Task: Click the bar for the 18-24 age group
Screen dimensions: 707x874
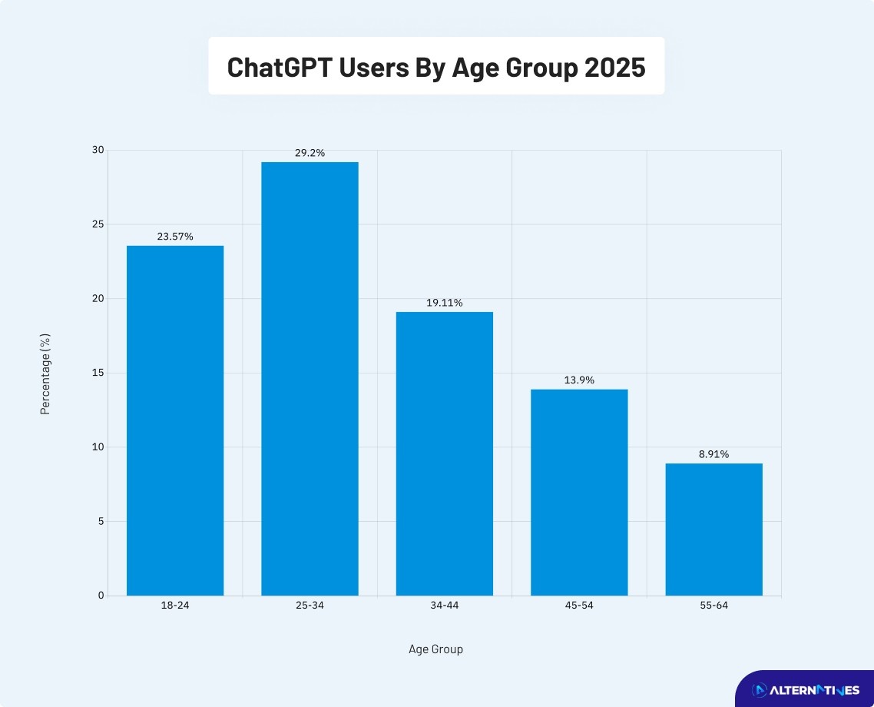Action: coord(175,420)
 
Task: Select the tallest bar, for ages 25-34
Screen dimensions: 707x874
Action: coord(310,378)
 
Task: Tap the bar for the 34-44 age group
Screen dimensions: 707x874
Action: coord(445,453)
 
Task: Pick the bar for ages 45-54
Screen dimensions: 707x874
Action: coord(579,492)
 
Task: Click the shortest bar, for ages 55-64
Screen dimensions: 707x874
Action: coord(714,529)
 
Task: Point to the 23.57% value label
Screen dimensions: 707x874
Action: coord(175,237)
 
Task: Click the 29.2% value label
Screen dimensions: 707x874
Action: coord(310,153)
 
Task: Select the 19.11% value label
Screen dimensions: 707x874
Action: coord(445,303)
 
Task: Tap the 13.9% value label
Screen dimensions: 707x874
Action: coord(579,380)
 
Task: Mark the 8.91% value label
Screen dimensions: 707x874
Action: coord(714,454)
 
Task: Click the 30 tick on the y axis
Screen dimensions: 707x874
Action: coord(98,150)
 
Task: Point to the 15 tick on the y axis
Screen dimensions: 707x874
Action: coord(98,373)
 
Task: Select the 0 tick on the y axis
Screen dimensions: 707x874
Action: coord(101,596)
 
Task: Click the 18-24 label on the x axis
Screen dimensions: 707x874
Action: coord(175,606)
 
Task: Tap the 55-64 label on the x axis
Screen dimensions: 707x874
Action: coord(714,606)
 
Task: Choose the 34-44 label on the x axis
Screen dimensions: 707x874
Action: coord(445,606)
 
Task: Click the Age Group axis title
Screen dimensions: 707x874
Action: coord(435,649)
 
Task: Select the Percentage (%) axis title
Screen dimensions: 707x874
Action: coord(45,373)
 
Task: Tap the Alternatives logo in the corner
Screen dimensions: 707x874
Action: coord(805,690)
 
